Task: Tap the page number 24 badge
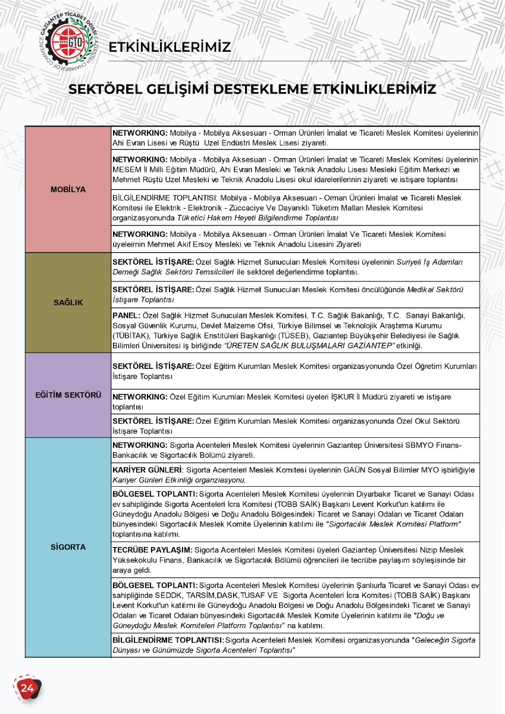27,688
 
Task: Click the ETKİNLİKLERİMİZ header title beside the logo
170,47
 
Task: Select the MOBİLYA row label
68,189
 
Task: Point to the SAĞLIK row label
68,302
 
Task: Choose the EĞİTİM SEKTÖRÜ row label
68,395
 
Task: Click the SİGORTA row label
68,547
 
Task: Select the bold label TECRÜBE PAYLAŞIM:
152,550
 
